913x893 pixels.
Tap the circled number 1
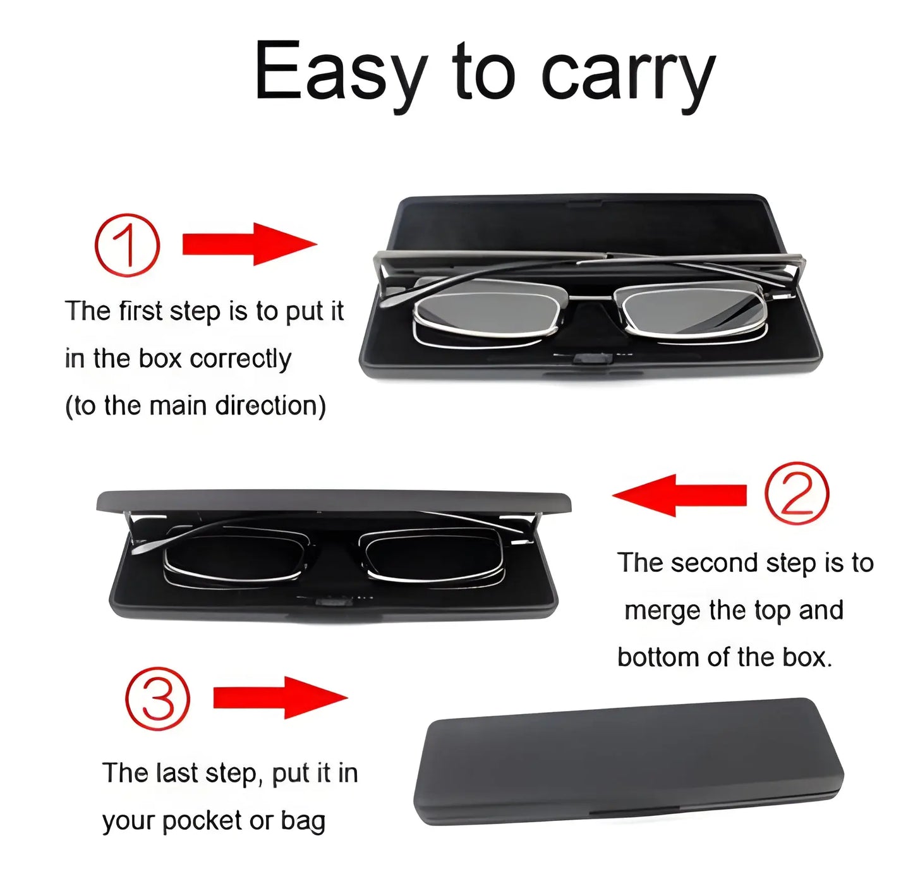[x=127, y=245]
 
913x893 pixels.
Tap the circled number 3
[x=157, y=698]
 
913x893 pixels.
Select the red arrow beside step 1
[x=249, y=244]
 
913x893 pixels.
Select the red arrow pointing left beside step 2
[x=679, y=494]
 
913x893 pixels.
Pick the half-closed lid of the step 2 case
[x=334, y=501]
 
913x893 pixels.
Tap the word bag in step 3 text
[x=303, y=821]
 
